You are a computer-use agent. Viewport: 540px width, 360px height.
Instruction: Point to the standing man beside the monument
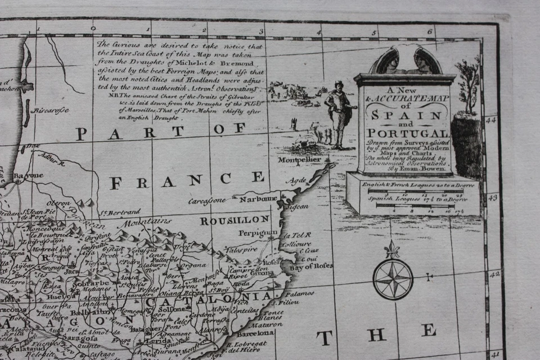coord(339,115)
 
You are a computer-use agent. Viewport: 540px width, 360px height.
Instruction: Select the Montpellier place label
coord(300,160)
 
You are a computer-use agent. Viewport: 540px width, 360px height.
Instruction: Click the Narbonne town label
coord(259,199)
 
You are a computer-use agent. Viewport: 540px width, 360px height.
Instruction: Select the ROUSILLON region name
coord(227,221)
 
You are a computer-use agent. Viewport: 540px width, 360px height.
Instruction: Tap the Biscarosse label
coord(51,110)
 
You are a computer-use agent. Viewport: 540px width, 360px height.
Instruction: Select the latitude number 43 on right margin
coord(492,198)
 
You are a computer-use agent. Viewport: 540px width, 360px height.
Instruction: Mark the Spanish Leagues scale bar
coord(415,205)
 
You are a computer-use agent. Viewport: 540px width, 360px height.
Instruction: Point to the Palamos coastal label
coord(299,294)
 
